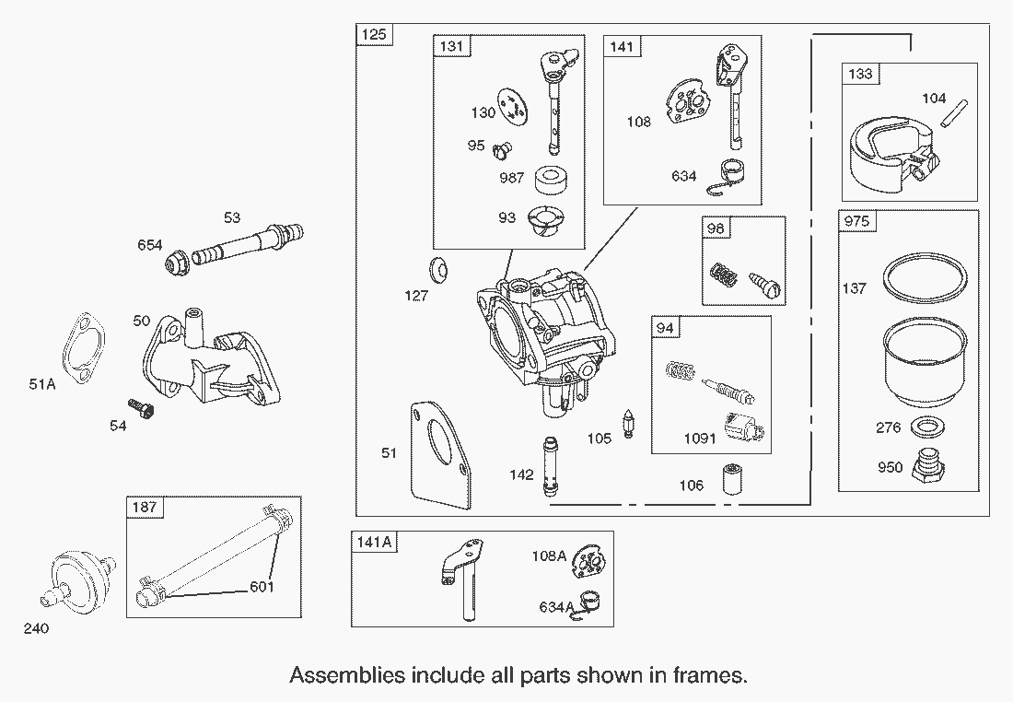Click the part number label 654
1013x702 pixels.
click(x=150, y=245)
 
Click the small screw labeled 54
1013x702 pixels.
click(x=138, y=408)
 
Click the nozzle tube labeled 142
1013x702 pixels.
click(x=552, y=466)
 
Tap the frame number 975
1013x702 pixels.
click(x=855, y=221)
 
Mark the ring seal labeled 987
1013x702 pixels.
click(x=550, y=177)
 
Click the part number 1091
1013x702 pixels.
click(x=699, y=438)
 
